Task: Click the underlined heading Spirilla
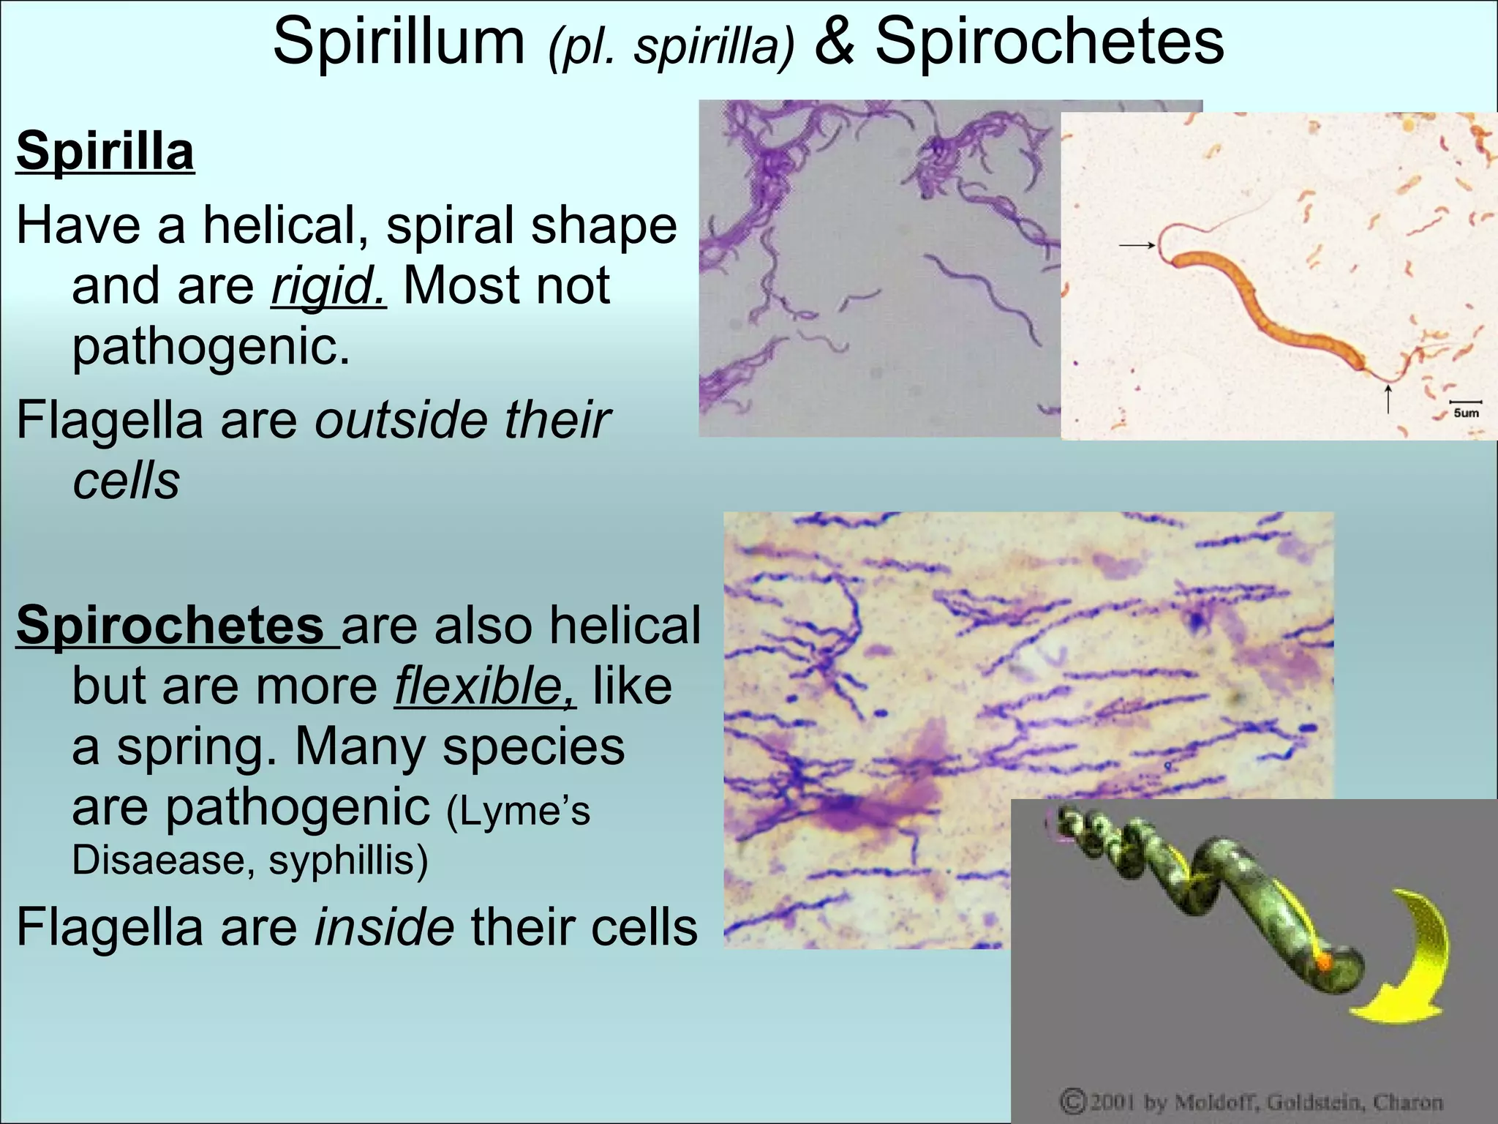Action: [105, 151]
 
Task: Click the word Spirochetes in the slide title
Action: [1049, 42]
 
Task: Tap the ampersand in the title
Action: [834, 42]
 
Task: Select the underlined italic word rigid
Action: [328, 286]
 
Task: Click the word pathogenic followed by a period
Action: [211, 347]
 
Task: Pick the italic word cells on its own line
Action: [126, 482]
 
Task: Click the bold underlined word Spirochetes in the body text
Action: [170, 626]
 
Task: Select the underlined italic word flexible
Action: [485, 686]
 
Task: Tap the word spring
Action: [196, 747]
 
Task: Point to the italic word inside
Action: [384, 927]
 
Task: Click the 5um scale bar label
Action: [1465, 412]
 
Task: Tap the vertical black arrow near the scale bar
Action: [1388, 399]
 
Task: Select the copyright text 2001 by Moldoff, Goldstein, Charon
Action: [1251, 1102]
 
